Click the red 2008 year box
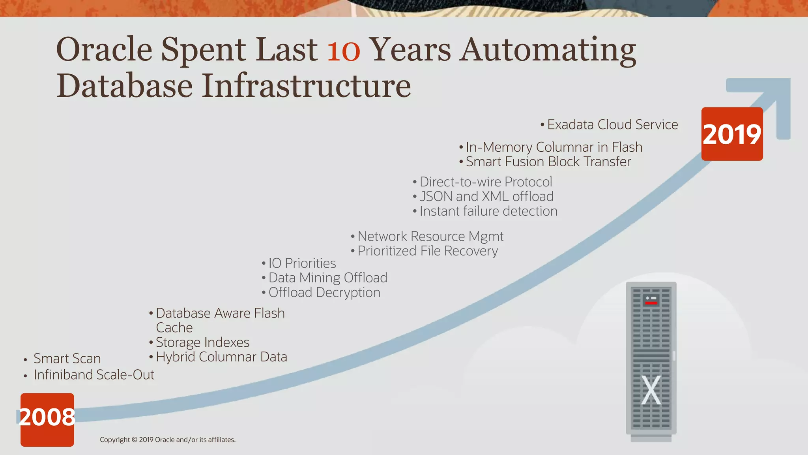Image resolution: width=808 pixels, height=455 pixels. [x=47, y=419]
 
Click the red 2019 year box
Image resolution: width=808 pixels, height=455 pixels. [x=732, y=134]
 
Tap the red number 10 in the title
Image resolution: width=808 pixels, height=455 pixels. [x=343, y=50]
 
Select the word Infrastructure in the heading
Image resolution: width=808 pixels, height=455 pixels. [x=307, y=86]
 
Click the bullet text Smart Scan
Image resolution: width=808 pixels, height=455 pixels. [x=67, y=359]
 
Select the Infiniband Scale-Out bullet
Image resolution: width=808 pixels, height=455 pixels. [x=94, y=375]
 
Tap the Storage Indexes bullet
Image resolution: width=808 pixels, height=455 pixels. [x=202, y=342]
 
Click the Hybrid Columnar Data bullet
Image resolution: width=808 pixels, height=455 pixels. [x=221, y=357]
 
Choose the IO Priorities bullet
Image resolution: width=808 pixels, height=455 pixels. [x=302, y=263]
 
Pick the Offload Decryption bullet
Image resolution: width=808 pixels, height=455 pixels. [x=324, y=293]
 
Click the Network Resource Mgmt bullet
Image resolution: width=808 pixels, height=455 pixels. [x=430, y=237]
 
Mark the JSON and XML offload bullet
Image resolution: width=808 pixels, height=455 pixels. [x=486, y=197]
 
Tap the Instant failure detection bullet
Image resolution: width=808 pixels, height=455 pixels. [x=488, y=211]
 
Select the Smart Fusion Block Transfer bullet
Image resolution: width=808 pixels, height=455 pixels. [x=548, y=162]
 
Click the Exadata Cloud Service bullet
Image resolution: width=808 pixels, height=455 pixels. [x=612, y=125]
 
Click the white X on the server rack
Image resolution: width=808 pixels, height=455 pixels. [x=651, y=390]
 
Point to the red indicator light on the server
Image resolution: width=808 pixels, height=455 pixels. [x=651, y=303]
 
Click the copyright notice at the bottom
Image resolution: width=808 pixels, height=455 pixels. [x=167, y=440]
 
